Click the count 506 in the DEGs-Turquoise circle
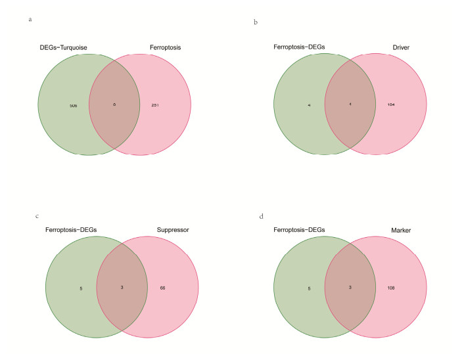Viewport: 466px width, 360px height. (x=64, y=104)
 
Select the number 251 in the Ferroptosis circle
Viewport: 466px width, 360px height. (x=156, y=104)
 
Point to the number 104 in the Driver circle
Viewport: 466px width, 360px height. (x=392, y=104)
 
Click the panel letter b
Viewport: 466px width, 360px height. (x=256, y=23)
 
